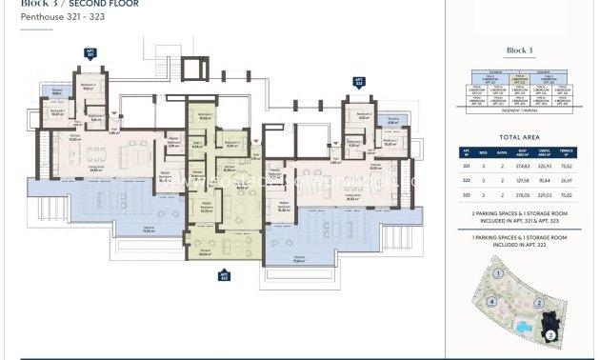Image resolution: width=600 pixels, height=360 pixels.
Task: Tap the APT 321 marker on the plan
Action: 91,55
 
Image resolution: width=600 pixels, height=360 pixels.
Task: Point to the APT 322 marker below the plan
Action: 225,276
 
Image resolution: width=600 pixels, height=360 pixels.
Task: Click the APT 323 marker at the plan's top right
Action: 359,82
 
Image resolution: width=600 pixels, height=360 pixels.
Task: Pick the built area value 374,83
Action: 522,164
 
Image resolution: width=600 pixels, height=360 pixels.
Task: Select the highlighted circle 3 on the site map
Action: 550,334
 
